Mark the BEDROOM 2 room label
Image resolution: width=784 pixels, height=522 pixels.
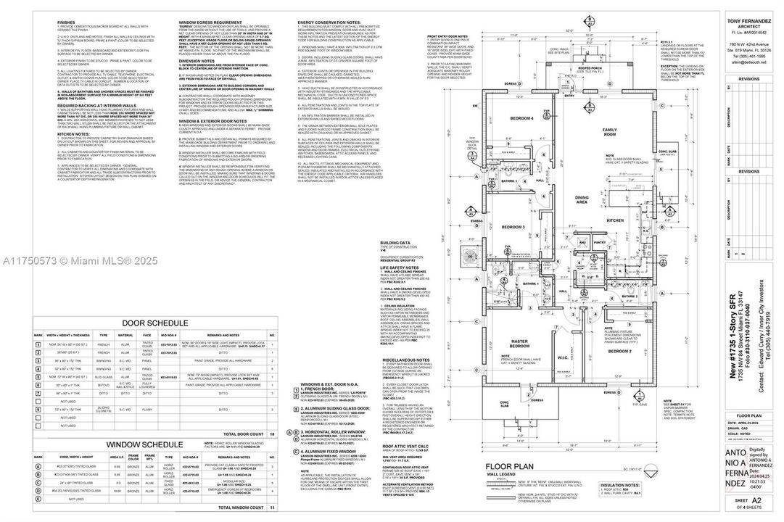(x=619, y=351)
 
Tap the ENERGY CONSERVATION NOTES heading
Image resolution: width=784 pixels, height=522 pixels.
(x=331, y=22)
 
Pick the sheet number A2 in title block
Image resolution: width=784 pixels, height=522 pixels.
(x=756, y=500)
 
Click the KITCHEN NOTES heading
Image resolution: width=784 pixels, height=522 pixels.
(x=73, y=134)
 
